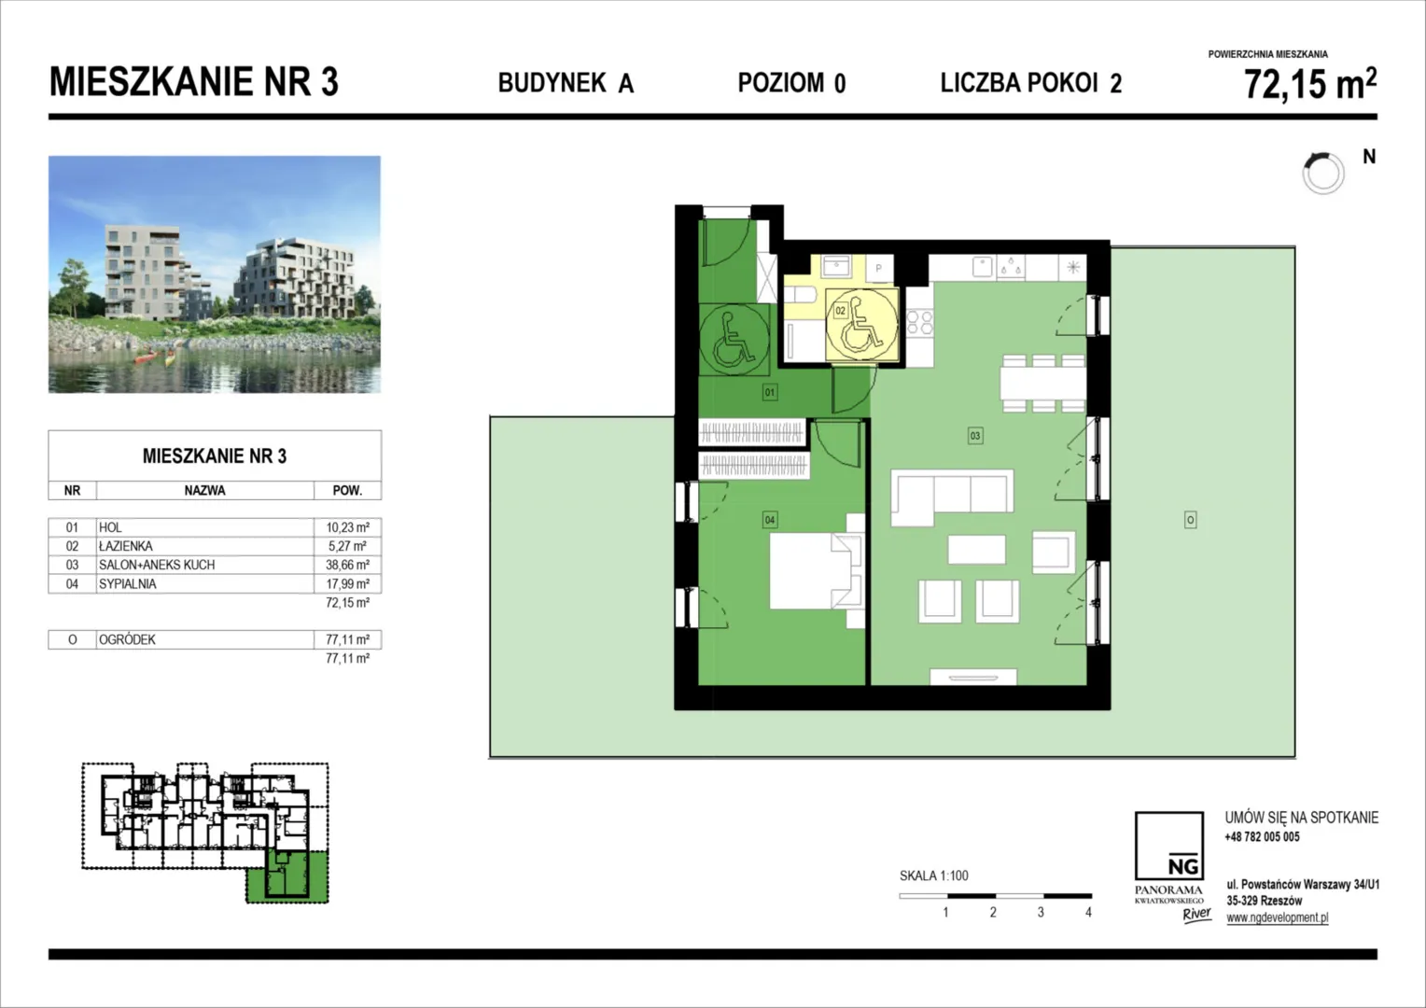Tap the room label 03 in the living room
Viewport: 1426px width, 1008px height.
(x=974, y=436)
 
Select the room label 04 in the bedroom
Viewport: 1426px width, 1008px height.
(x=770, y=520)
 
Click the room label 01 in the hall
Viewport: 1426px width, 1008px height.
(x=770, y=392)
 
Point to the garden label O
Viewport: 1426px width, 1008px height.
(x=1191, y=520)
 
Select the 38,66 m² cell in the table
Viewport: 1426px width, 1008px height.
(x=347, y=565)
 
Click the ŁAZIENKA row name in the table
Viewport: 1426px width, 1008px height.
(x=125, y=546)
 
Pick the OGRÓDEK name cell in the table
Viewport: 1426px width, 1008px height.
(x=127, y=640)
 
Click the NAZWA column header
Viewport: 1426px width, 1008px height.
(x=205, y=491)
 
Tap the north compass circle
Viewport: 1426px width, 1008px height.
(x=1323, y=174)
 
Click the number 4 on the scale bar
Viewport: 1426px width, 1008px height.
(x=1088, y=913)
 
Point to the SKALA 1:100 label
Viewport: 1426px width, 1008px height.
(x=934, y=876)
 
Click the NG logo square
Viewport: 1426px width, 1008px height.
(x=1168, y=847)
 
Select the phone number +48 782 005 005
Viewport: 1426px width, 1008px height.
(x=1263, y=836)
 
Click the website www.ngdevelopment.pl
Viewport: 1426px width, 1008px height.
(x=1278, y=917)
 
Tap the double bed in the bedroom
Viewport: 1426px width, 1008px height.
(x=817, y=571)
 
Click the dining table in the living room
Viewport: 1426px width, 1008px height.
(x=1042, y=384)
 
